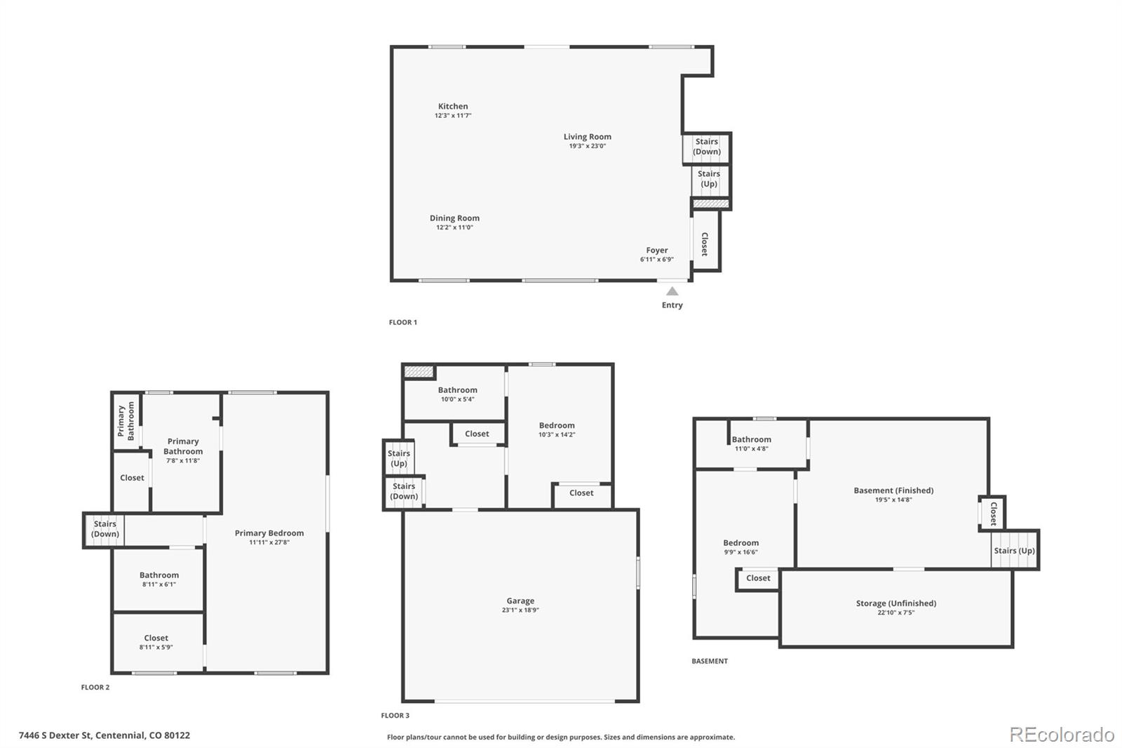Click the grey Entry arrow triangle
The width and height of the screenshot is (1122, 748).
point(672,291)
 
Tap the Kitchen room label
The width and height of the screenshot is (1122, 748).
point(453,106)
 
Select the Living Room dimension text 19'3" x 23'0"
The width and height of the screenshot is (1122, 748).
point(587,146)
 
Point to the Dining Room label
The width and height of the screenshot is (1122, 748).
point(454,218)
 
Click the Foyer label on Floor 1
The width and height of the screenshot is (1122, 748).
point(656,251)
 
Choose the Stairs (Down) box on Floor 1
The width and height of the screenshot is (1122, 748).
point(706,148)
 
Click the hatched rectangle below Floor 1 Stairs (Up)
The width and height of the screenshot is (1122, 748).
point(711,203)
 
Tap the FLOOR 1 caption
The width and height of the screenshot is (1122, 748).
point(403,322)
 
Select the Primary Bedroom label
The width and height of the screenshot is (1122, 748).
point(269,533)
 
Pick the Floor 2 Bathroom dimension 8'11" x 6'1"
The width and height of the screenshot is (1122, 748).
point(158,584)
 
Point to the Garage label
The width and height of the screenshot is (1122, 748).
point(520,601)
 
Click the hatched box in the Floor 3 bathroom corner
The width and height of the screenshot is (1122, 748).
point(419,371)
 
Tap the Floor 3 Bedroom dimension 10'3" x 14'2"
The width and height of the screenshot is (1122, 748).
point(557,434)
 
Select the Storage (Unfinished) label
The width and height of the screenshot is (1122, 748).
point(895,603)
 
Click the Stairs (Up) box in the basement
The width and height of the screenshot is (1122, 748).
point(1014,550)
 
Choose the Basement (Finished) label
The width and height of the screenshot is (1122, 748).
point(893,490)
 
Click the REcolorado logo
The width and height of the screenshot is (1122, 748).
point(1062,735)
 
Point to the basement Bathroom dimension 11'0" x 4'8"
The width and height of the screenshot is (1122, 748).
point(751,448)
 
